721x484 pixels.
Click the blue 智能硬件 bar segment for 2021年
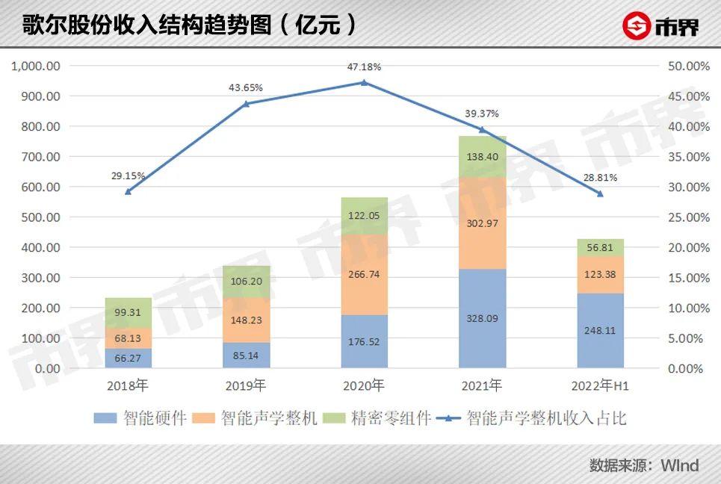tap(482, 318)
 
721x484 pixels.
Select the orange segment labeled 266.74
tap(364, 274)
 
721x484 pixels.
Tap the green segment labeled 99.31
tap(128, 312)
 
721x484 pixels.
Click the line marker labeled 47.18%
tap(364, 83)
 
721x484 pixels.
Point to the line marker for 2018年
tap(128, 192)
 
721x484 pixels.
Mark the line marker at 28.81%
tap(600, 194)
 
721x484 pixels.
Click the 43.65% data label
tap(246, 88)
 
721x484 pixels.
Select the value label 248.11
tap(600, 329)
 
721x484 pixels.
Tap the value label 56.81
tap(600, 248)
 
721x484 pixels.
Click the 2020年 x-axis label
tap(364, 386)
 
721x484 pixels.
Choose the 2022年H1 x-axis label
tap(600, 386)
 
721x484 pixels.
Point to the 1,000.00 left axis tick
tap(37, 66)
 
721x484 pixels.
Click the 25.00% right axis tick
tap(686, 217)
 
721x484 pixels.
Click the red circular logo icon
tap(637, 27)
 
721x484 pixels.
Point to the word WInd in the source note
tap(679, 465)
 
